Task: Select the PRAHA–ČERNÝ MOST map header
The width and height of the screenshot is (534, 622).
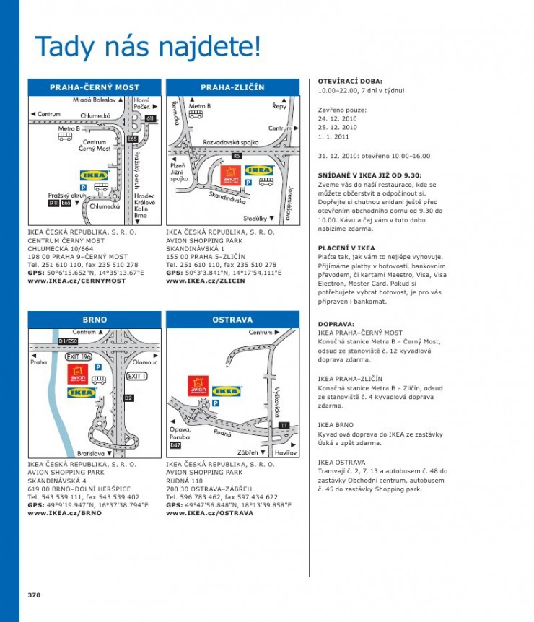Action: click(95, 87)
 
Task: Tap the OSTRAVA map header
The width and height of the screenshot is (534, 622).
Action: click(232, 319)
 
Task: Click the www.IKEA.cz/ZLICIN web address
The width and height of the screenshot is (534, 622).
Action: click(206, 281)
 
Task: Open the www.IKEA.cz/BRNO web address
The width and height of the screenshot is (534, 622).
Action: click(64, 513)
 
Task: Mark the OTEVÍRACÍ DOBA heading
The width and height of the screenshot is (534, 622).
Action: click(350, 82)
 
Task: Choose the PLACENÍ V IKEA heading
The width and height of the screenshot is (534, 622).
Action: click(346, 248)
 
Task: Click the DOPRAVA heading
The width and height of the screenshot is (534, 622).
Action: click(336, 324)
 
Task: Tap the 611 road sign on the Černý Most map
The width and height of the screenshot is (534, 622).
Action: click(150, 118)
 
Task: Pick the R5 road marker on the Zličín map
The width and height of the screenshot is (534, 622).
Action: click(237, 156)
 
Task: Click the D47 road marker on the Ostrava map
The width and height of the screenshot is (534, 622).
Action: click(175, 446)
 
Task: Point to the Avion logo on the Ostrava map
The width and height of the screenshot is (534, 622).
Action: click(198, 386)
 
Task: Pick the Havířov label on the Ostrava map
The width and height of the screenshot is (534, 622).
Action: click(286, 452)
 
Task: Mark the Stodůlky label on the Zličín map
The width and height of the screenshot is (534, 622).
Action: click(258, 217)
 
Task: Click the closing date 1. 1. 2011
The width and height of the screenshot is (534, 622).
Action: click(333, 136)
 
